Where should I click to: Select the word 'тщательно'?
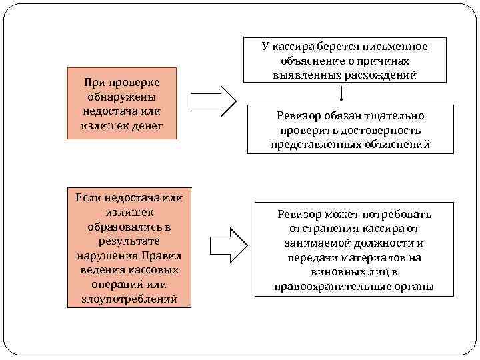(x=393, y=116)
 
